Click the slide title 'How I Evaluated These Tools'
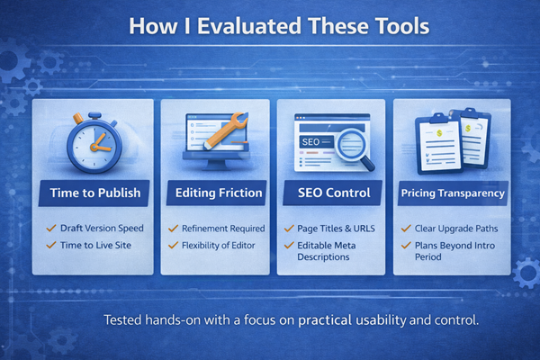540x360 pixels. (270, 26)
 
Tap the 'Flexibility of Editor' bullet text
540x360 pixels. (220, 244)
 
